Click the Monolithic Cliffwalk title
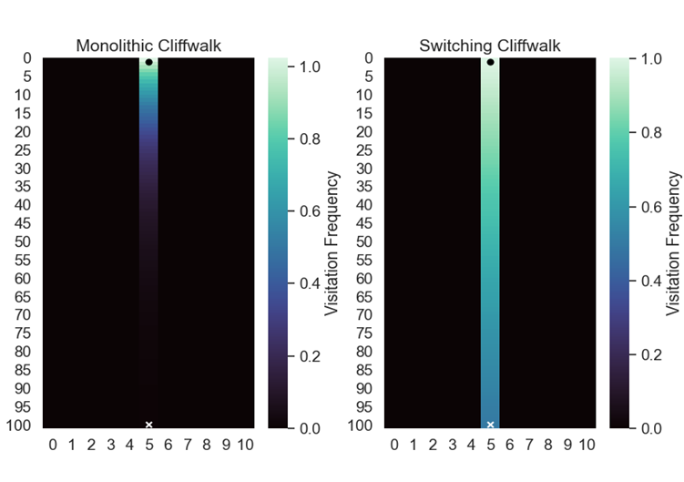tap(148, 46)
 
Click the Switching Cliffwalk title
tap(490, 46)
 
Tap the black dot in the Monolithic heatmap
tap(148, 62)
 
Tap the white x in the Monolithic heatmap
tap(148, 425)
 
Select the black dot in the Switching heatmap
tap(490, 62)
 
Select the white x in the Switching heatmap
tap(490, 425)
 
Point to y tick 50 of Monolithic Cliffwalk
tap(25, 241)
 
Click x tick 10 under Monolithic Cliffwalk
tap(245, 445)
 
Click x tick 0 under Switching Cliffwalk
tap(394, 445)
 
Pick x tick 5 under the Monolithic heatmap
tap(148, 445)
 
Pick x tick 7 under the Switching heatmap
tap(529, 445)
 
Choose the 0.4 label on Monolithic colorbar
tap(308, 283)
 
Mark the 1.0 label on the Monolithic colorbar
tap(308, 67)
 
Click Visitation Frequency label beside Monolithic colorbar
tap(332, 243)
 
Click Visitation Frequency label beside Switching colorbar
tap(674, 243)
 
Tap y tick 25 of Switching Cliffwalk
tap(366, 149)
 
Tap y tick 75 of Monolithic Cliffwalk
tap(25, 333)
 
